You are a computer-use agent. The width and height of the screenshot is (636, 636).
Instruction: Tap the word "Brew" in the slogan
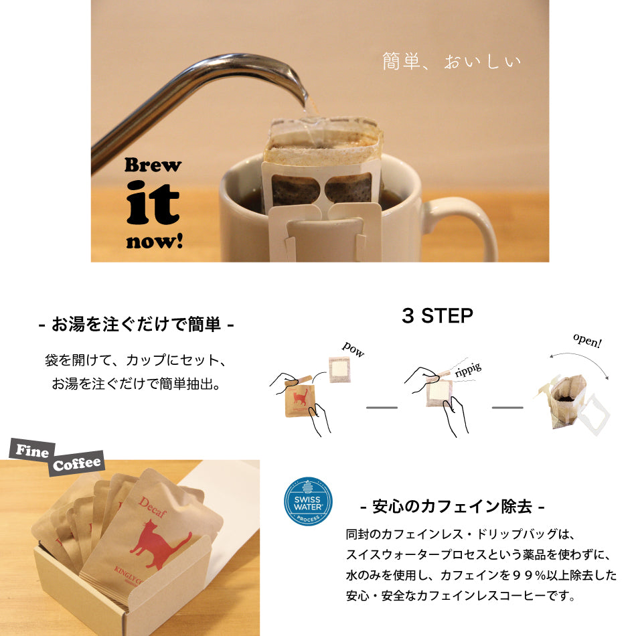pyautogui.click(x=153, y=165)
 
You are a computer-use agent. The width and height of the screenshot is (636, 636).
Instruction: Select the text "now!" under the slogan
pyautogui.click(x=154, y=240)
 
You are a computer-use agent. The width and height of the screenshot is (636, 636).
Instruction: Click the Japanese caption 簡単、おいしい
pyautogui.click(x=451, y=62)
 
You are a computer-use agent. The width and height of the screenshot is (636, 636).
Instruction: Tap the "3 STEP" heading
pyautogui.click(x=437, y=316)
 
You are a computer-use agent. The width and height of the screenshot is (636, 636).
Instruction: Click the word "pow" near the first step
pyautogui.click(x=353, y=349)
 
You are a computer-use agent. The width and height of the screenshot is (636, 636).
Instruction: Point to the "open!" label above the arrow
pyautogui.click(x=587, y=341)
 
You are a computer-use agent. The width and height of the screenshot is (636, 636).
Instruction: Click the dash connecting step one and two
pyautogui.click(x=382, y=407)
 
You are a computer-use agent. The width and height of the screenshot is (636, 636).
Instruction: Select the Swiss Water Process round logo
pyautogui.click(x=308, y=501)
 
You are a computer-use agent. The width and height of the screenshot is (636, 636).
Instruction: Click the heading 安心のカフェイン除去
pyautogui.click(x=452, y=506)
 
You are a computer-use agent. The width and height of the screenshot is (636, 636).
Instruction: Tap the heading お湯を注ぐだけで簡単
pyautogui.click(x=136, y=326)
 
